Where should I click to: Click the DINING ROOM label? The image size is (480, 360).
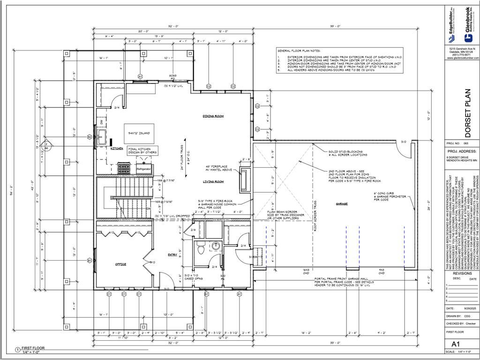click(213, 116)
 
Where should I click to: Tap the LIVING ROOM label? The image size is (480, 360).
click(213, 181)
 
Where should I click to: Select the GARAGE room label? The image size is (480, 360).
click(342, 204)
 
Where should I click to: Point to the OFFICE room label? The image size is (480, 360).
click(121, 264)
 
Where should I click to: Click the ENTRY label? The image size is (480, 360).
click(172, 255)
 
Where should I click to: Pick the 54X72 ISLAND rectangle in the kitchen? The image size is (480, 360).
click(139, 134)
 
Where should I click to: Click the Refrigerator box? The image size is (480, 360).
click(143, 168)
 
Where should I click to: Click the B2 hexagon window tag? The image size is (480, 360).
click(89, 137)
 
